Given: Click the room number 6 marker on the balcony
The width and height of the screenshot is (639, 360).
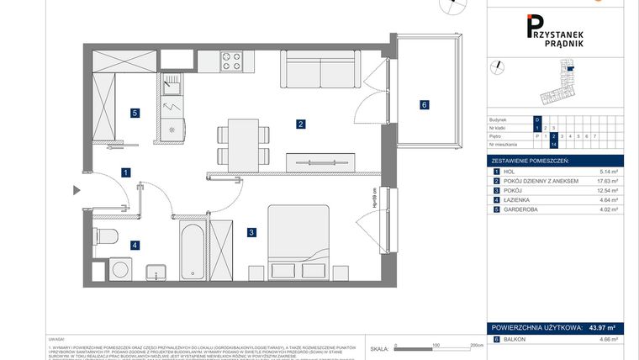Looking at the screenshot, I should tap(425, 105).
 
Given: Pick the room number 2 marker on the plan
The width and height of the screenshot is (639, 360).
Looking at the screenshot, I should tap(300, 124).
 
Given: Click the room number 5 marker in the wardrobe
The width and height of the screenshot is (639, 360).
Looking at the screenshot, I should tap(134, 112).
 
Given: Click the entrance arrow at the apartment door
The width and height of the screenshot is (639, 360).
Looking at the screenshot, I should tap(77, 190).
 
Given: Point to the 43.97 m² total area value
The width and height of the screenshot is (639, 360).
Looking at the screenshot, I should tap(602, 327).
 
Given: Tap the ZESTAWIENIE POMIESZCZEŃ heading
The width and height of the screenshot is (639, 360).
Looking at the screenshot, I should tap(531, 160).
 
